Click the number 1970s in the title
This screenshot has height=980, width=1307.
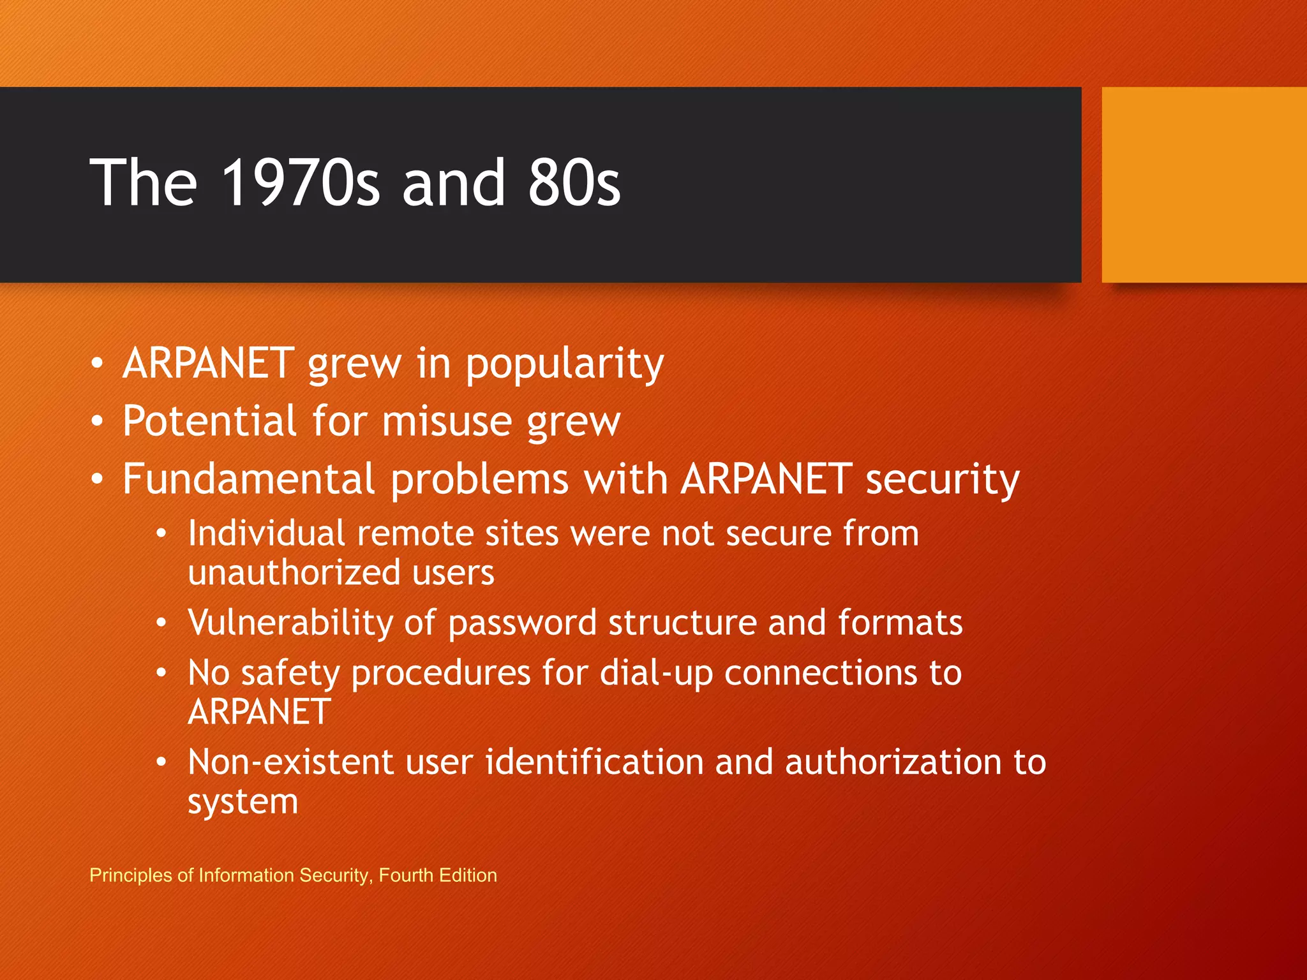click(300, 183)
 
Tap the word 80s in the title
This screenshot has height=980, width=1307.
click(574, 183)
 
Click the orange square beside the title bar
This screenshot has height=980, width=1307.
click(1204, 185)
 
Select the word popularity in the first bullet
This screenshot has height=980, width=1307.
click(565, 364)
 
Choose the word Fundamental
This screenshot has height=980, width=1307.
click(248, 479)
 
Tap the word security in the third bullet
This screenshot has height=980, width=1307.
click(942, 480)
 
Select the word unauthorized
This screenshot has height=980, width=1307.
click(294, 572)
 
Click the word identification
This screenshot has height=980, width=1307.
click(594, 762)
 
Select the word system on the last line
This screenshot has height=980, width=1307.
click(243, 802)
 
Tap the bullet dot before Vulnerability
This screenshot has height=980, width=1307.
click(162, 623)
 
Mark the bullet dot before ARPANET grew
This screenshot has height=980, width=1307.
click(96, 364)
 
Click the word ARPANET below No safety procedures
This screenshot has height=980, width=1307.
click(259, 712)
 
